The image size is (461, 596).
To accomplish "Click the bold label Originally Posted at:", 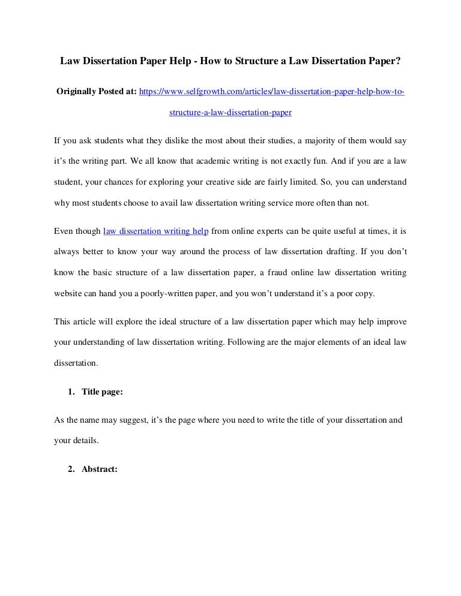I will (96, 92).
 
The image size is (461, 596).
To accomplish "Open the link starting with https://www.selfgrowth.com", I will (272, 92).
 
